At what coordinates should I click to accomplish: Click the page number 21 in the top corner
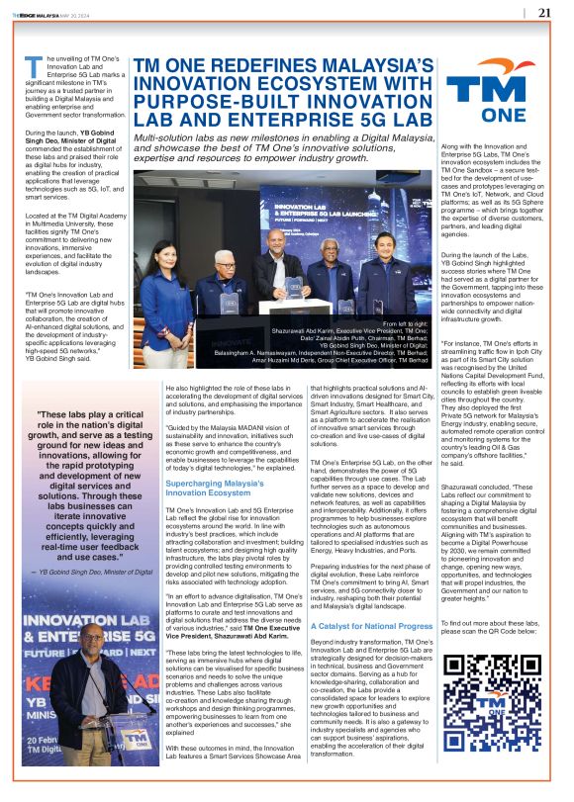pos(545,13)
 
